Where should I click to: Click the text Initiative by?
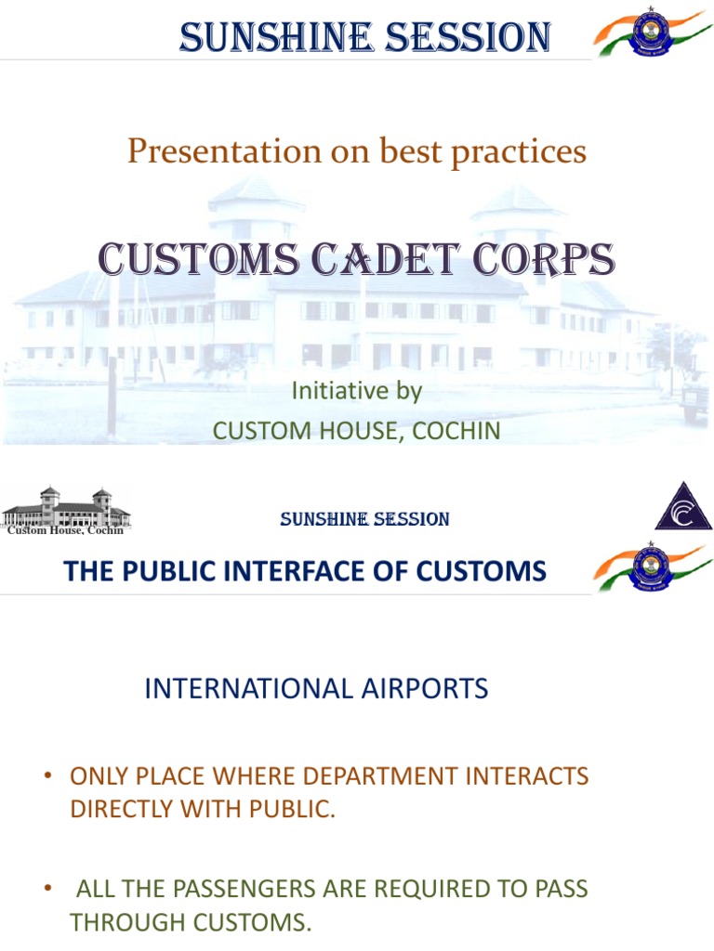357,391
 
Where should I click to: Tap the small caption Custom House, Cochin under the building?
65,530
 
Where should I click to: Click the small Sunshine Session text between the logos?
364,520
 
